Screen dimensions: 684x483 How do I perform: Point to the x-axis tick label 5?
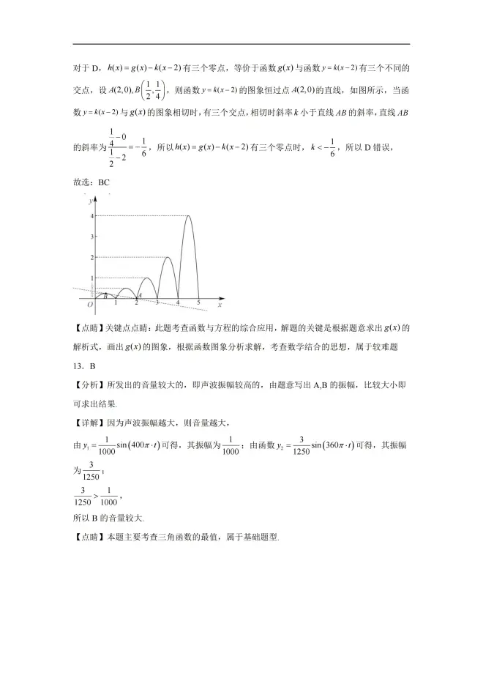[198, 303]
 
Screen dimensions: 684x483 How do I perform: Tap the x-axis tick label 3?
[157, 303]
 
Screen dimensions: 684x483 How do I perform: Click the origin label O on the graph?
[89, 304]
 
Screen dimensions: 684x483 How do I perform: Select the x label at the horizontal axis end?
[220, 303]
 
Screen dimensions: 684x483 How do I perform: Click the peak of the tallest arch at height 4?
[188, 216]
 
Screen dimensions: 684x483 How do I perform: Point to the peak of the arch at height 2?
[168, 257]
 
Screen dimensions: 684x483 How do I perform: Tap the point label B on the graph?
[105, 294]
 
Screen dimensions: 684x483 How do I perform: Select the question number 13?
[80, 364]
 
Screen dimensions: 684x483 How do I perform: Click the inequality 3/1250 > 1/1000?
[98, 495]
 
